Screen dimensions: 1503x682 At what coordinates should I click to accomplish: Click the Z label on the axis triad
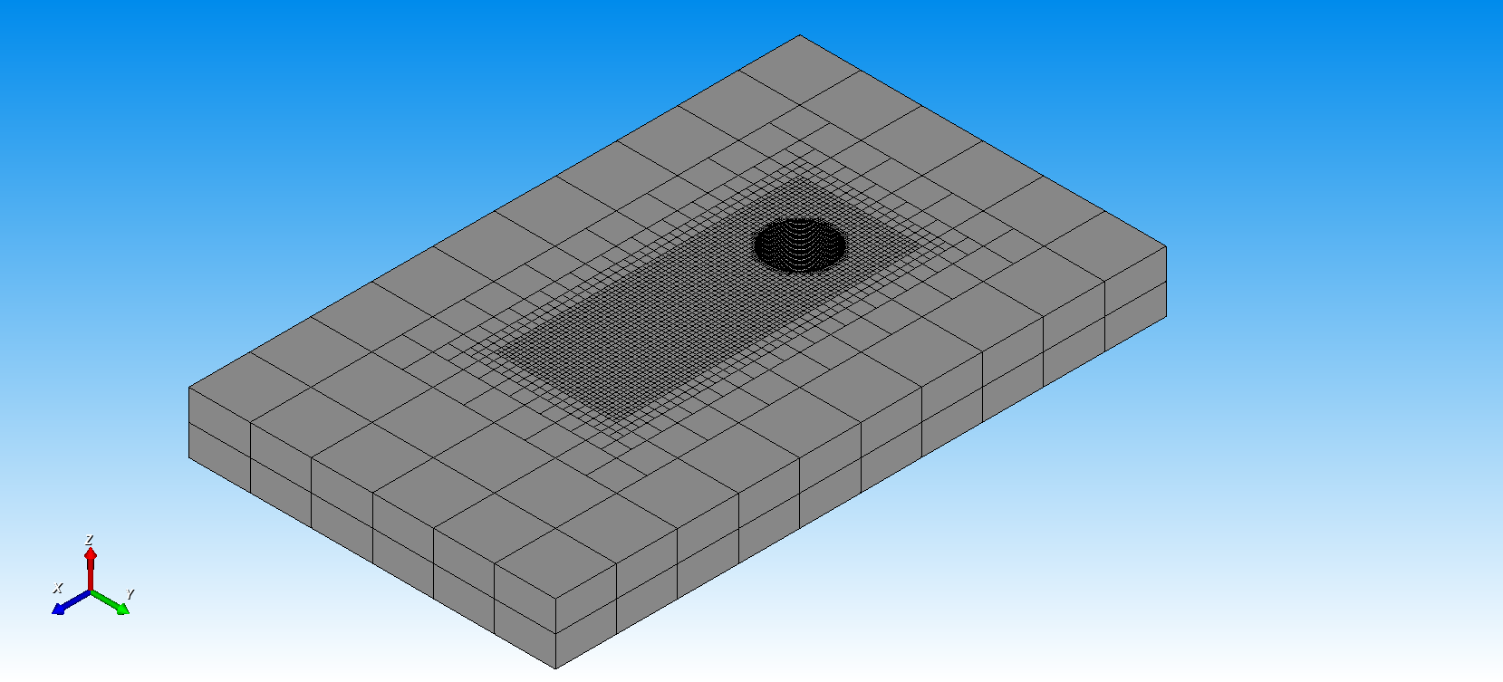coord(89,539)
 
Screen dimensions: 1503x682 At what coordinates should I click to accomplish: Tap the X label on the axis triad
coord(58,588)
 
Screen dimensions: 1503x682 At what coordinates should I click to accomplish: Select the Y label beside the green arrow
coord(130,594)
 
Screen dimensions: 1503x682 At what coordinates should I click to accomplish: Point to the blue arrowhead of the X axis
coord(59,609)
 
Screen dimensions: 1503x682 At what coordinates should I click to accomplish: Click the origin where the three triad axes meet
coord(91,591)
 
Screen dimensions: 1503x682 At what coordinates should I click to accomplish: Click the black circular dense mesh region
coord(800,245)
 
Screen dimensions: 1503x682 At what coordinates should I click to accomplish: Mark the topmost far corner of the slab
coord(800,35)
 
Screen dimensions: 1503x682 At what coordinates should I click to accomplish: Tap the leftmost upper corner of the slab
coord(188,387)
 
